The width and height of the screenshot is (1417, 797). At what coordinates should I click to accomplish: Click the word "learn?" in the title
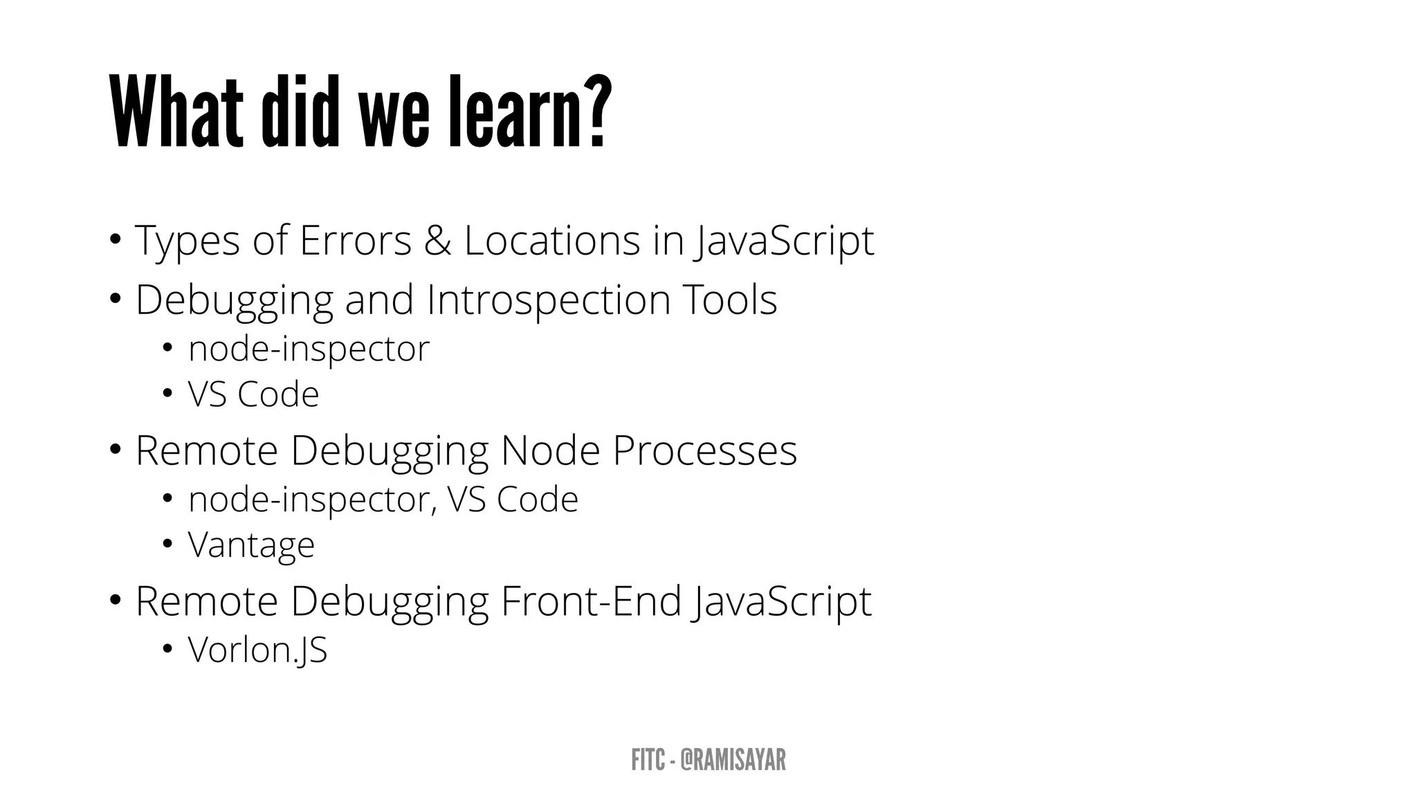pyautogui.click(x=530, y=112)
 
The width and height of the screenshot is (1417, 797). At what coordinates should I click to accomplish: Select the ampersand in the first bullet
pyautogui.click(x=437, y=240)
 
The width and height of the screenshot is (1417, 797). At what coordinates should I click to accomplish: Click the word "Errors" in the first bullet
pyautogui.click(x=356, y=240)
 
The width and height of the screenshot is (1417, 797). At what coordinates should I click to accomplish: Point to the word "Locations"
pyautogui.click(x=552, y=240)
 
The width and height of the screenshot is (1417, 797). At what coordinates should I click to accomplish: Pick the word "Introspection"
pyautogui.click(x=549, y=300)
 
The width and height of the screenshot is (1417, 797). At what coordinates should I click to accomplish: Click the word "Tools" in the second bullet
pyautogui.click(x=730, y=300)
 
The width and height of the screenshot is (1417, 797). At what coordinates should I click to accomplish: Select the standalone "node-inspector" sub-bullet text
pyautogui.click(x=309, y=348)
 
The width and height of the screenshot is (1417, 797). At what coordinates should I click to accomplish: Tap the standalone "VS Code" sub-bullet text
pyautogui.click(x=253, y=394)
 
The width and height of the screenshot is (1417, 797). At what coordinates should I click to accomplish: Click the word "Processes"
pyautogui.click(x=704, y=450)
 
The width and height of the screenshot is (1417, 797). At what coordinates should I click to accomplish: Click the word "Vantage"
pyautogui.click(x=251, y=544)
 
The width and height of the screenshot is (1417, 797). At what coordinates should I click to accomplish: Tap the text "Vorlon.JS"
pyautogui.click(x=257, y=650)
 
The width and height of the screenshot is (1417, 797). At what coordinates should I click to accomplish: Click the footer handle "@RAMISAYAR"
pyautogui.click(x=733, y=760)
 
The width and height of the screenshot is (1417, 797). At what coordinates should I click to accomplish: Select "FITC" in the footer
pyautogui.click(x=648, y=760)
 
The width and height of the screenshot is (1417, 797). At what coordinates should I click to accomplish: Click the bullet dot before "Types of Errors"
pyautogui.click(x=115, y=240)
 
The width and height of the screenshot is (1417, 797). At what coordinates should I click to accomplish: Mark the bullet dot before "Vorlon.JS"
pyautogui.click(x=167, y=649)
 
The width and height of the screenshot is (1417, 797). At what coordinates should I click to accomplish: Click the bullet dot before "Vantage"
pyautogui.click(x=167, y=544)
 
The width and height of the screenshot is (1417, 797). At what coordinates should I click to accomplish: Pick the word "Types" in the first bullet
pyautogui.click(x=188, y=241)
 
